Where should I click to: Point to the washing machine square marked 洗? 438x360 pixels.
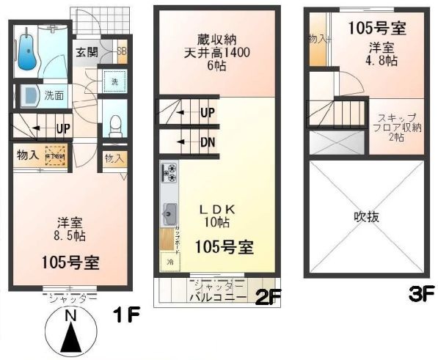(114, 82)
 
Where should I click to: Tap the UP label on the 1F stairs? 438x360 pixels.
(63, 128)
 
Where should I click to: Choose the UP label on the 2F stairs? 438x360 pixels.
(208, 112)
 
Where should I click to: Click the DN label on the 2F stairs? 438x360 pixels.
(208, 142)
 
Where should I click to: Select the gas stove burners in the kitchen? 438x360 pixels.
(168, 174)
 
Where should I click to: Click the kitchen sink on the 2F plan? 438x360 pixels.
(168, 213)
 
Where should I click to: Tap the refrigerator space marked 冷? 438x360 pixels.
(169, 262)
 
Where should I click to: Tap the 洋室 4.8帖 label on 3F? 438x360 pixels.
(381, 54)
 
